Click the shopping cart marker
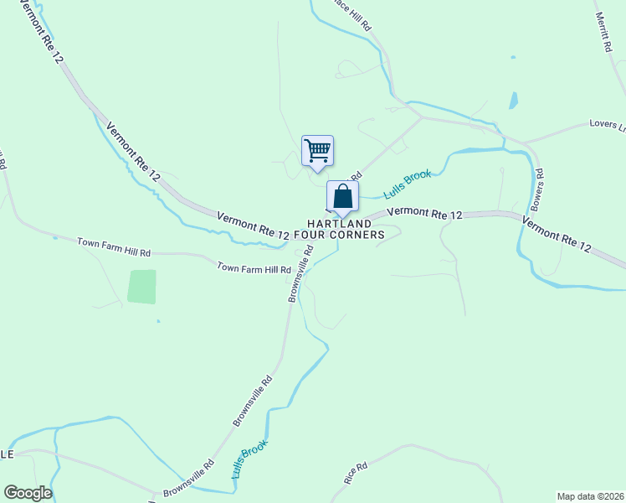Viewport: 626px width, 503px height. pyautogui.click(x=317, y=152)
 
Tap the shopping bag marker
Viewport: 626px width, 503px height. pyautogui.click(x=342, y=197)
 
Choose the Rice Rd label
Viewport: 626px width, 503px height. pyautogui.click(x=356, y=474)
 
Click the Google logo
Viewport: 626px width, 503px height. pyautogui.click(x=28, y=493)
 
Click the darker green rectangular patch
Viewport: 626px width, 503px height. pyautogui.click(x=142, y=287)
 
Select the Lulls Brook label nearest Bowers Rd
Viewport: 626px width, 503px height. pyautogui.click(x=408, y=184)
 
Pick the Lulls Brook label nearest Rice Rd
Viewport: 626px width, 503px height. pyautogui.click(x=249, y=459)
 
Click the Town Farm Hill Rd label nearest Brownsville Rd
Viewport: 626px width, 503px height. pyautogui.click(x=254, y=268)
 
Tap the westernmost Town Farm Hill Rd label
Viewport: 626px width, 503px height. pyautogui.click(x=114, y=247)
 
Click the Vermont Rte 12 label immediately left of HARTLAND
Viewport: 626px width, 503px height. pyautogui.click(x=253, y=226)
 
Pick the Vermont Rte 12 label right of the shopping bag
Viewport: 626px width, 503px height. pyautogui.click(x=425, y=215)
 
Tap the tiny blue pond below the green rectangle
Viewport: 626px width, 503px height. pyautogui.click(x=157, y=320)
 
